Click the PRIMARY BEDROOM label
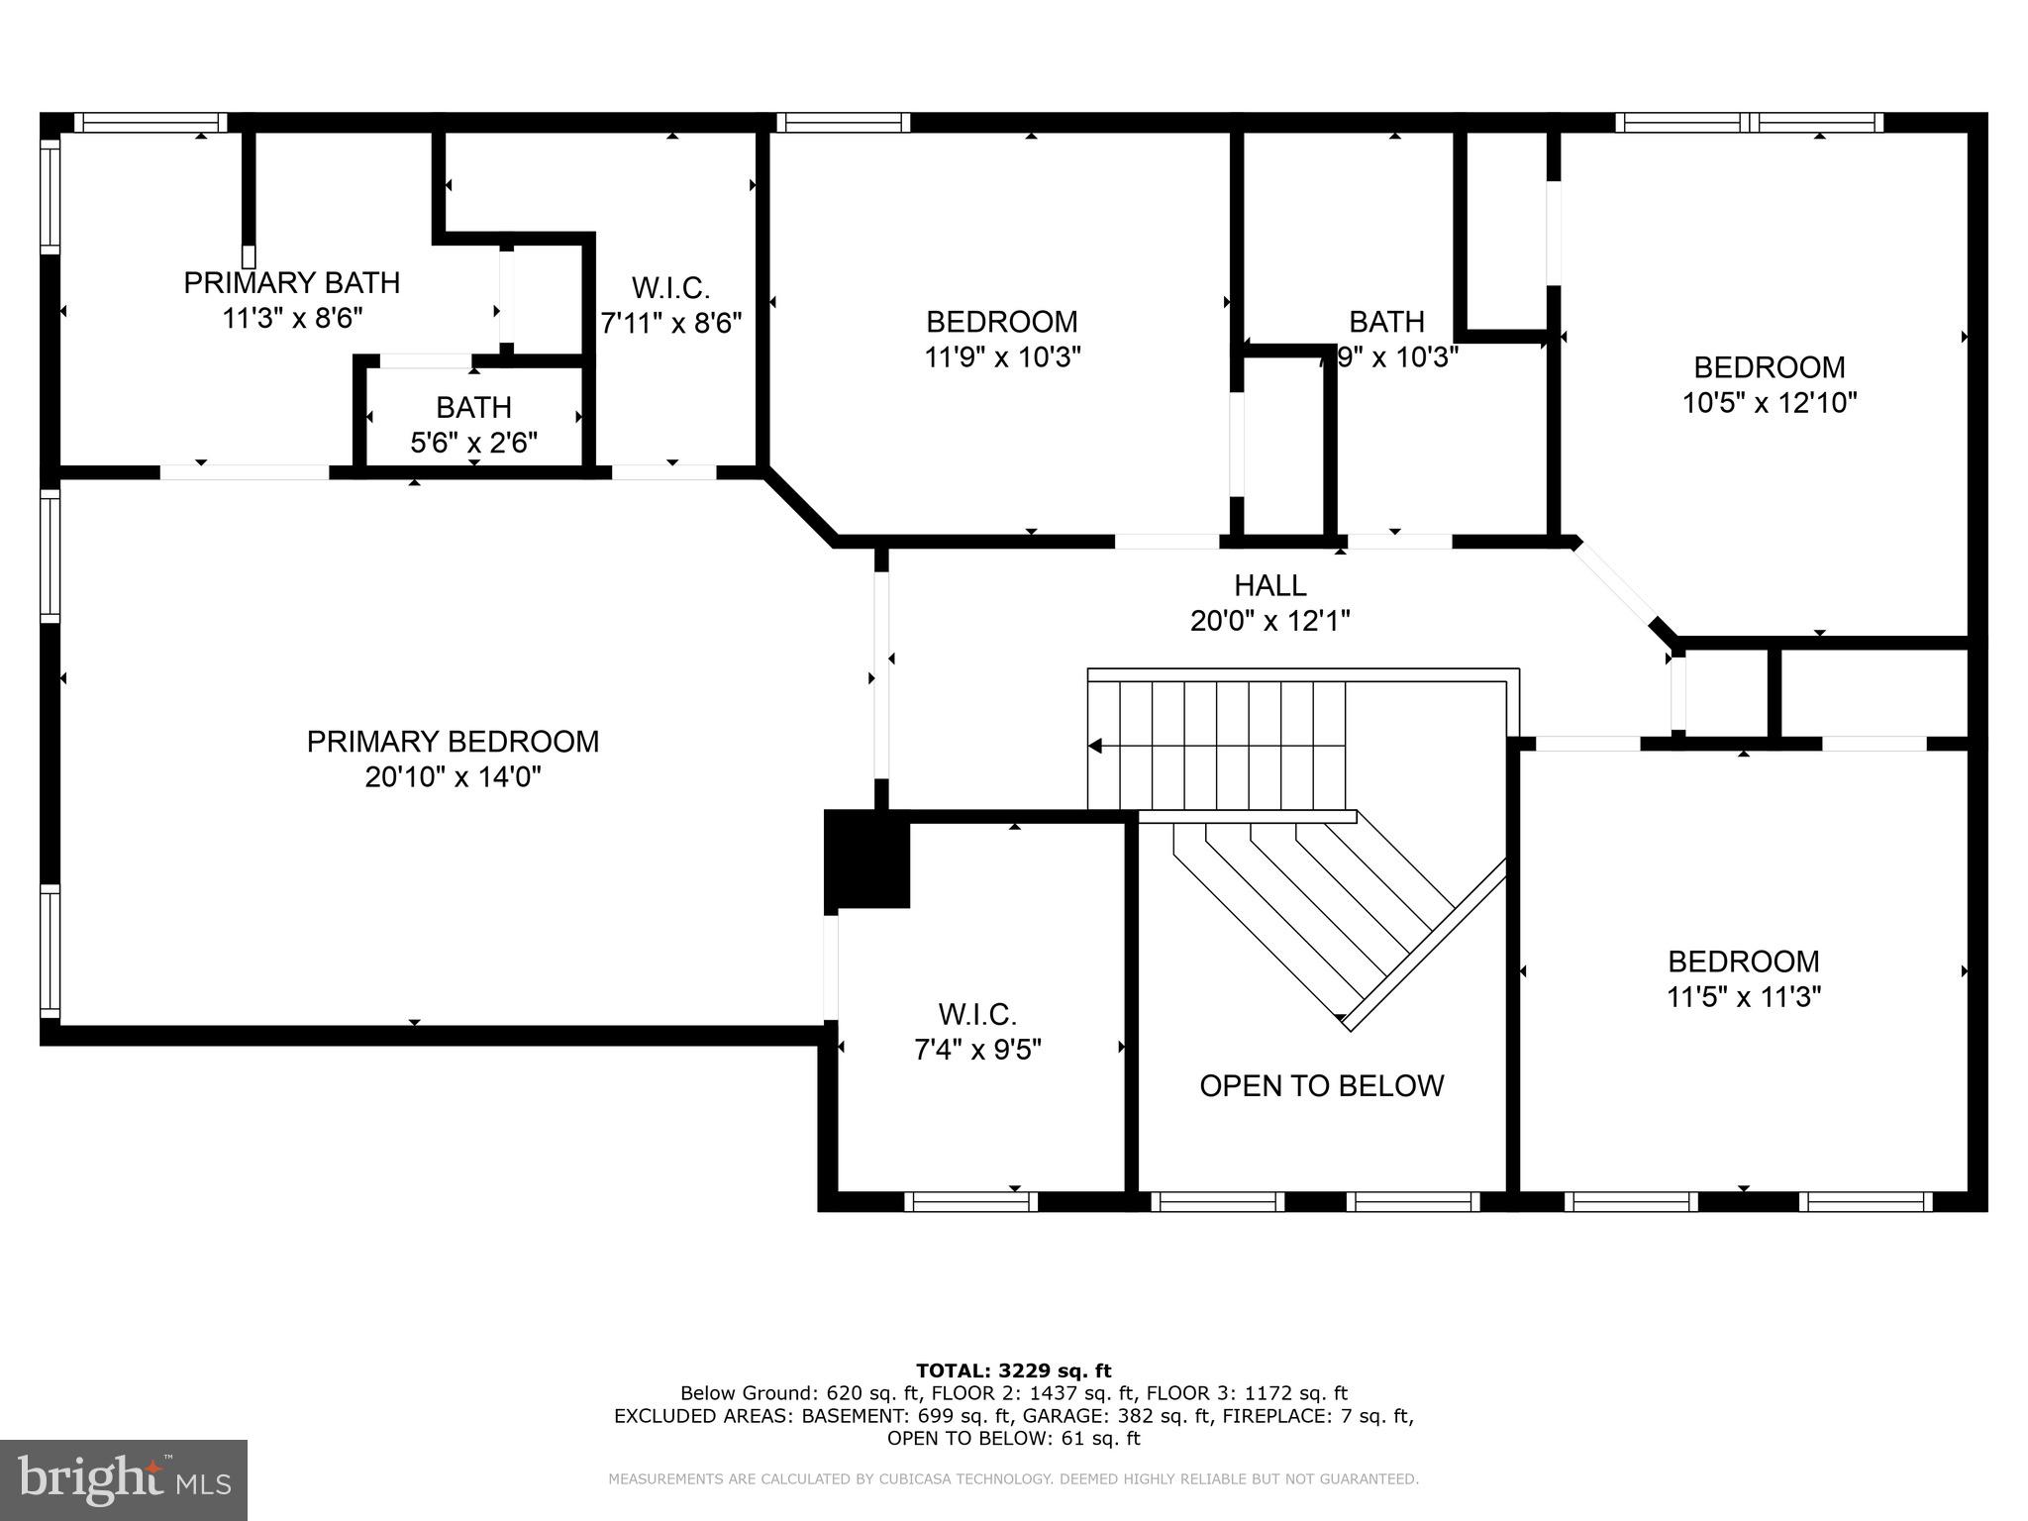point(453,742)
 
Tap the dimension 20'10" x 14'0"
point(453,777)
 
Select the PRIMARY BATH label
point(292,283)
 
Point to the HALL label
point(1269,585)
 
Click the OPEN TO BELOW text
point(1321,1086)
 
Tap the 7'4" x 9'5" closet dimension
point(977,1050)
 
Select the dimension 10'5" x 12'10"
point(1769,403)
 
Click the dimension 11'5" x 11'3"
point(1743,997)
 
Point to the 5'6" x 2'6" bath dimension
point(473,443)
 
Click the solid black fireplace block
point(866,859)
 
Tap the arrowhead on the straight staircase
point(1095,746)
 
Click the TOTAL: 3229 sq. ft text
point(1013,1371)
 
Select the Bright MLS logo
point(124,1479)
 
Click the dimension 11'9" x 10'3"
point(1001,357)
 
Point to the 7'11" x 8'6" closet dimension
point(670,324)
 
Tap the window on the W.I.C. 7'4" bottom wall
point(970,1201)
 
